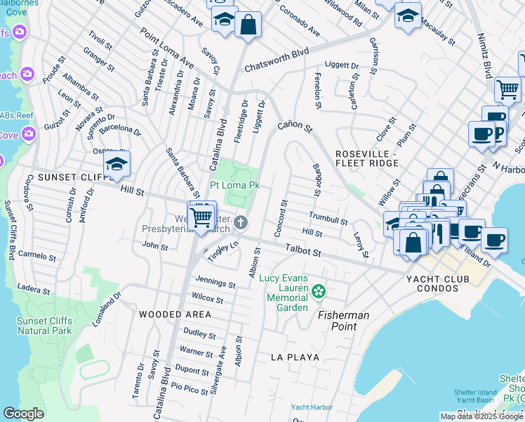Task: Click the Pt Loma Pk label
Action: (x=235, y=185)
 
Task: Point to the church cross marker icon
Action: (x=241, y=223)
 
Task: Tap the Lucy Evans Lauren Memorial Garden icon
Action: (x=319, y=290)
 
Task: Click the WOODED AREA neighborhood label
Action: (x=173, y=314)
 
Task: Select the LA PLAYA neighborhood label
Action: (x=295, y=357)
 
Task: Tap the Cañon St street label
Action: (x=294, y=126)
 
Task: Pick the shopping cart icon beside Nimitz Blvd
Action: (x=507, y=89)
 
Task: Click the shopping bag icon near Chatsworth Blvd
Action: (x=248, y=25)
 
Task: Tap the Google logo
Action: (x=23, y=414)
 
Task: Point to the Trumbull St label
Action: (x=328, y=218)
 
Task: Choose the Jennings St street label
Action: (x=215, y=283)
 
